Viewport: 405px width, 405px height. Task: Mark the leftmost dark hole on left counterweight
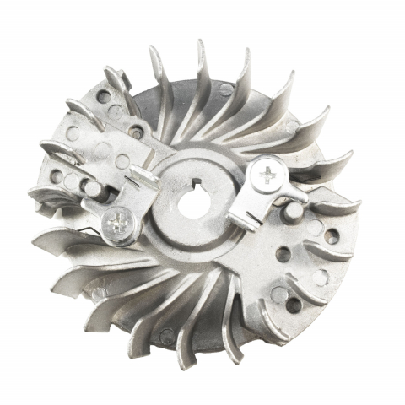pyautogui.click(x=59, y=178)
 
